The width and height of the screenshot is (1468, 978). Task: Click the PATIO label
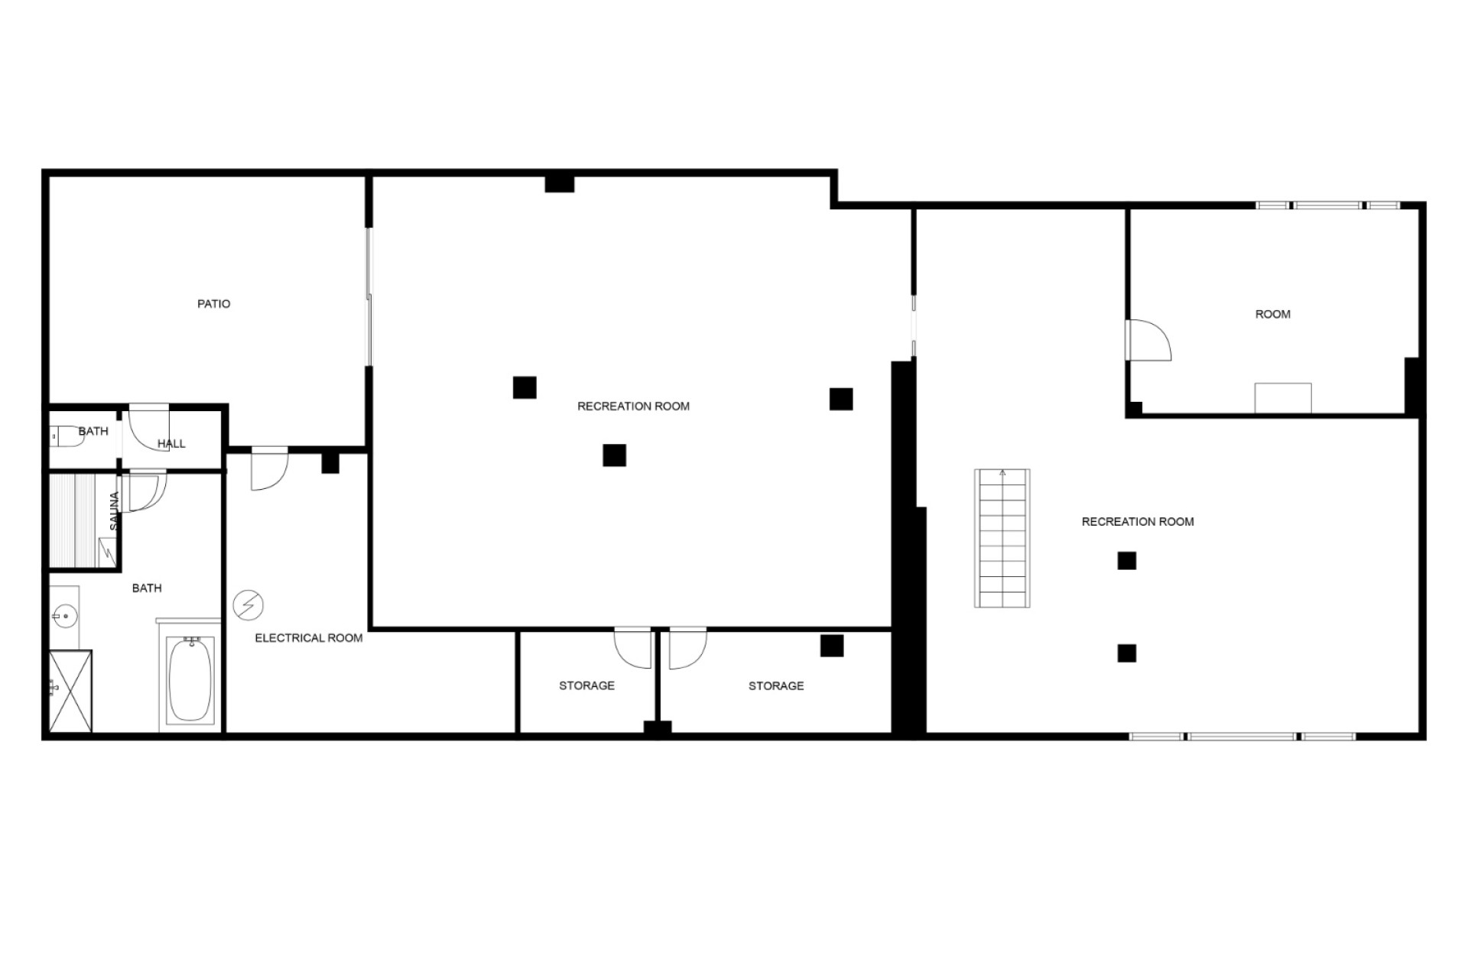(x=213, y=304)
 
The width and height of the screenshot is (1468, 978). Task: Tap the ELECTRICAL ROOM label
(x=309, y=638)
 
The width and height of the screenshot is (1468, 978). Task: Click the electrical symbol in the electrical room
(x=248, y=606)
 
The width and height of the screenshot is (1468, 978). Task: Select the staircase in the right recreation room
(x=1002, y=538)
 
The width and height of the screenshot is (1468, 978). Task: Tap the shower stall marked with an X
(x=71, y=691)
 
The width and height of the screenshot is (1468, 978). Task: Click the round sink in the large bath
(x=66, y=615)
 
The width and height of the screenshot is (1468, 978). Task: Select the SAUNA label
(x=115, y=511)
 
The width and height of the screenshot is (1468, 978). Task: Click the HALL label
(x=171, y=444)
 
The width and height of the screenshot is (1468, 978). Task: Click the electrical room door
(x=269, y=469)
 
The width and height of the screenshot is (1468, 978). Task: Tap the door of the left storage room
(x=633, y=648)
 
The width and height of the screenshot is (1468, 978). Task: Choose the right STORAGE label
(x=776, y=686)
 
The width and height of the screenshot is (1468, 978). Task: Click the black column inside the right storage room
(x=832, y=646)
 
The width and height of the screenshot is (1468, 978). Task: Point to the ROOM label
(x=1273, y=314)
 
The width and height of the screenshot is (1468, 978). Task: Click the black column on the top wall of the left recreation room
(x=560, y=183)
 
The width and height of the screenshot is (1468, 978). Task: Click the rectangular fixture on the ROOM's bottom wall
(x=1283, y=398)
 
